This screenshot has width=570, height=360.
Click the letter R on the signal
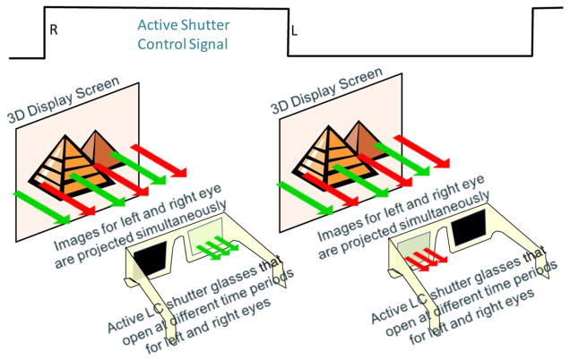pos(54,30)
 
